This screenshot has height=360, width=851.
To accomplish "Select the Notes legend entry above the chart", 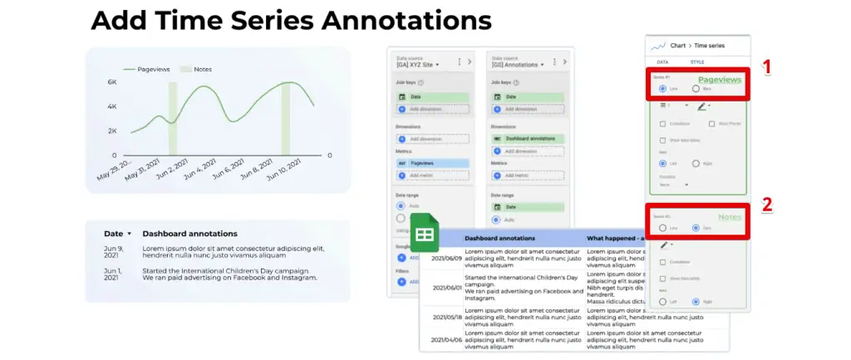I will coord(202,69).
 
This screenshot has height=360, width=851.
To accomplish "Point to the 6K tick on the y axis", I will coord(112,82).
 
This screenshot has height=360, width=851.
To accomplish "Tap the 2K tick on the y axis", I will coord(112,131).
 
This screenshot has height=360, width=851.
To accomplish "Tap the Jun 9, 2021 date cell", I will coord(114,252).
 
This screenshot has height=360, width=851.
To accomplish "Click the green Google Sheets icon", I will coord(424,235).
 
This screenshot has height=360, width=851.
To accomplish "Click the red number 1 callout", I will coord(768,67).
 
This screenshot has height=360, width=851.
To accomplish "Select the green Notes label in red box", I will coord(730,218).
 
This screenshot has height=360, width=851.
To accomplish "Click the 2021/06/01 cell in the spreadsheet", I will coord(440,287).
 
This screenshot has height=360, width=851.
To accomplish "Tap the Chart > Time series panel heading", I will coord(693,47).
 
